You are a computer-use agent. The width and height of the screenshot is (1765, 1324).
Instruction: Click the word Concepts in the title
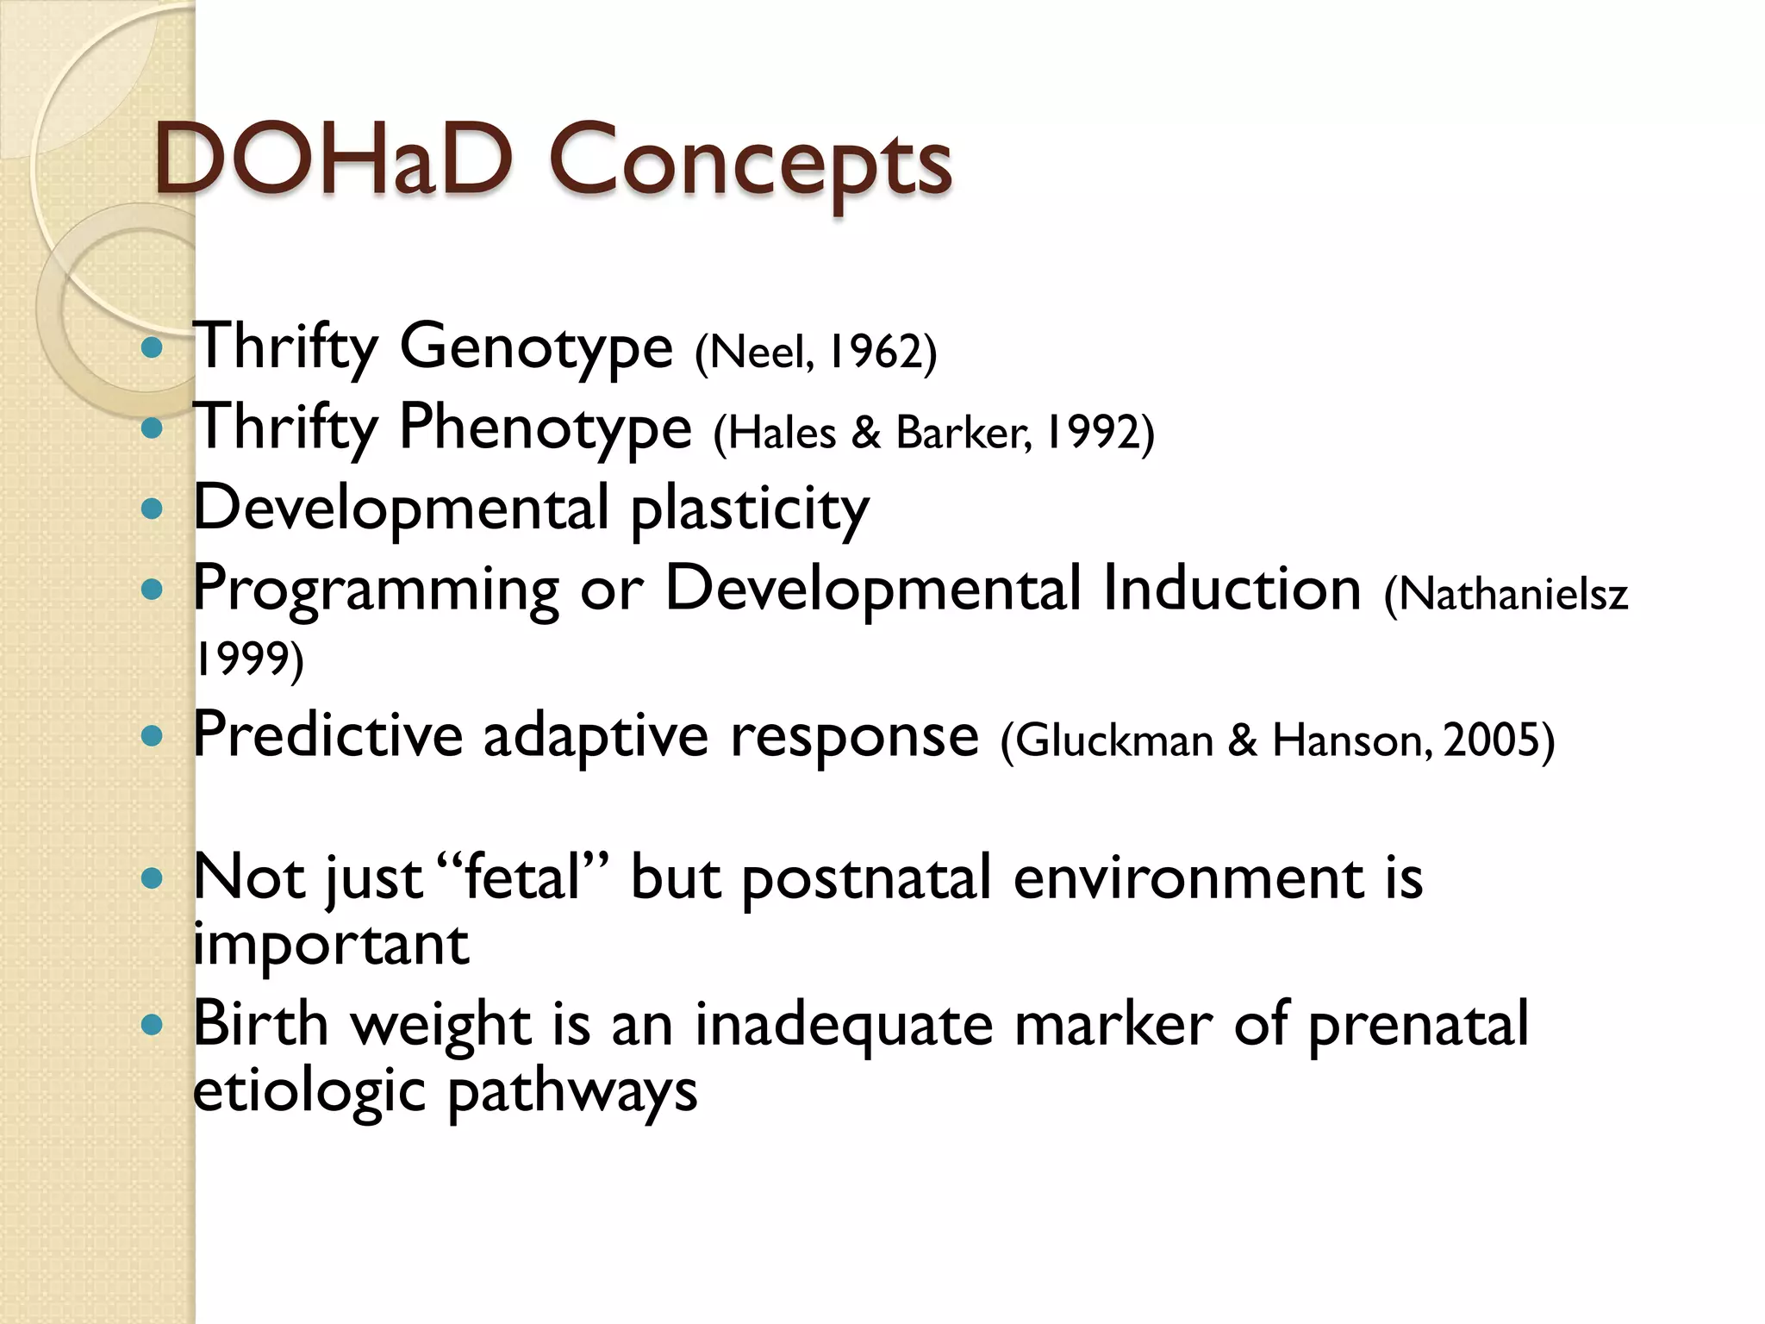coord(750,164)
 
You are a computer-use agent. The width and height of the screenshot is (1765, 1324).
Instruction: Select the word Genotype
coord(535,347)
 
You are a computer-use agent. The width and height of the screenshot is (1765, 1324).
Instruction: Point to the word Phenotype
coord(545,428)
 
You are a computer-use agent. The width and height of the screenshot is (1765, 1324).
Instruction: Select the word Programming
coord(376,590)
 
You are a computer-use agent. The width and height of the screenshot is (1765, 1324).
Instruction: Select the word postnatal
coord(866,879)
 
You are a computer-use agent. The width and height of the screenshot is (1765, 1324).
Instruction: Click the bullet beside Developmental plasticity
coord(152,509)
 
